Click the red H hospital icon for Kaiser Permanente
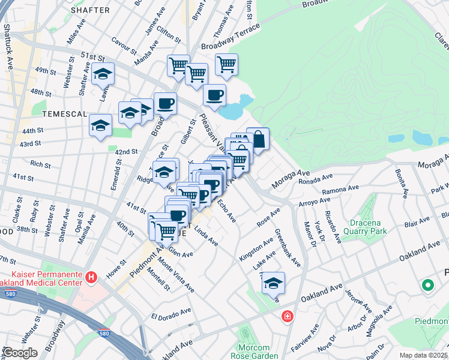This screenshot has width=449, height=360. click(x=91, y=277)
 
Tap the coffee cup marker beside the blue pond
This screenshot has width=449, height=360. click(x=214, y=94)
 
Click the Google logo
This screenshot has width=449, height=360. click(x=20, y=353)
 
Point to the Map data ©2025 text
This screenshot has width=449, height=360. click(x=424, y=355)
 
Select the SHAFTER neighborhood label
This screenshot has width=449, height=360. click(x=90, y=10)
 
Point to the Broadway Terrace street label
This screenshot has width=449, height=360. click(x=231, y=36)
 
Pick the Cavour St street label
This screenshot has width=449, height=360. click(x=124, y=44)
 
